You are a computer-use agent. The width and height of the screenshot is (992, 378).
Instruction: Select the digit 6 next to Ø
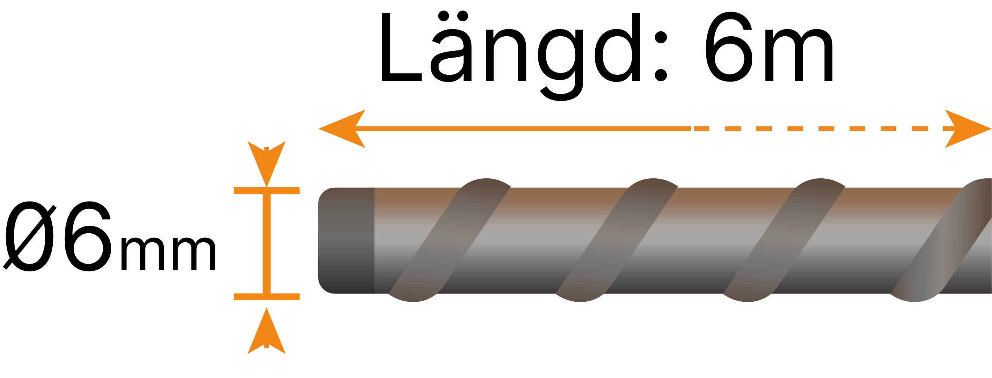pos(88,237)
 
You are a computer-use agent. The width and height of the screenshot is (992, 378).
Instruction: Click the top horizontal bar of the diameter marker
pos(267,191)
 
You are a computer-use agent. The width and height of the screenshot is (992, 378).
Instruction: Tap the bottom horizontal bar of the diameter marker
pos(267,296)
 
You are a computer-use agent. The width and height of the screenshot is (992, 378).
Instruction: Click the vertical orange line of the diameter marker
pos(267,243)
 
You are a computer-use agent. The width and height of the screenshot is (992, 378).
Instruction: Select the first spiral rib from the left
pos(449,240)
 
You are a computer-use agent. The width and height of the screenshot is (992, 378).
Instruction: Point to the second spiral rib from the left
pos(616,240)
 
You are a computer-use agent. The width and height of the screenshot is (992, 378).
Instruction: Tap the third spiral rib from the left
pos(783,240)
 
